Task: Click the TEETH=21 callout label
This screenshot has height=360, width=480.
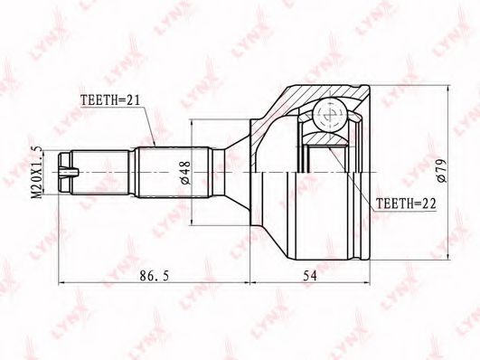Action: coord(110,99)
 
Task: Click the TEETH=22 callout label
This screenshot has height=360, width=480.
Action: coord(406,204)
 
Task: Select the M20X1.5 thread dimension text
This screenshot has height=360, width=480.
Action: coord(37,172)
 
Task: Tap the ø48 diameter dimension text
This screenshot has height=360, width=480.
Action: coord(185,173)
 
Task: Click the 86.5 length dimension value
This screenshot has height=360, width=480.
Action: coord(154,276)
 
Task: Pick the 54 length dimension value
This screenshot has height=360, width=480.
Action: coord(310,276)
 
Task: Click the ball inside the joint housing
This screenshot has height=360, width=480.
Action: coord(330,115)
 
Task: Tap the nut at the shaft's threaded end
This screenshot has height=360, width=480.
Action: coord(64,173)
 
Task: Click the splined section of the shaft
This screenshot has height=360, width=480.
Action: coord(174,173)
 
